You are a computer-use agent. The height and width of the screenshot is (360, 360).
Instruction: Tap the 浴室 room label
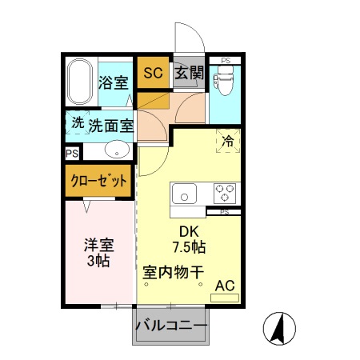(x=113, y=82)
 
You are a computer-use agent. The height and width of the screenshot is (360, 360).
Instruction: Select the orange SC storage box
(x=153, y=73)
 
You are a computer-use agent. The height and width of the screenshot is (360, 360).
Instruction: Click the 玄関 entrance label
(x=189, y=73)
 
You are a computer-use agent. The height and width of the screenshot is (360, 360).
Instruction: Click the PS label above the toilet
(x=226, y=61)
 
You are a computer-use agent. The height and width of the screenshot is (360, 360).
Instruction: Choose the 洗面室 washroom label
(x=110, y=125)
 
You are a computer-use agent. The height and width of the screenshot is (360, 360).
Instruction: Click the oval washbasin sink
(x=118, y=149)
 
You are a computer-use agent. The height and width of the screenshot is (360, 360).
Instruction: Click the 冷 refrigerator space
(x=228, y=141)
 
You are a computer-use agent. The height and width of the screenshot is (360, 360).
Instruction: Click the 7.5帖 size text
(x=188, y=247)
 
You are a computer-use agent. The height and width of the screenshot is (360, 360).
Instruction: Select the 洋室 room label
(x=96, y=244)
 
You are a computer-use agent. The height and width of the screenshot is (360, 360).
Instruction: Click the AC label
(x=225, y=285)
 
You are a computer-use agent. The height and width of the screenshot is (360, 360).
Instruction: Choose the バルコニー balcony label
(x=170, y=327)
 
